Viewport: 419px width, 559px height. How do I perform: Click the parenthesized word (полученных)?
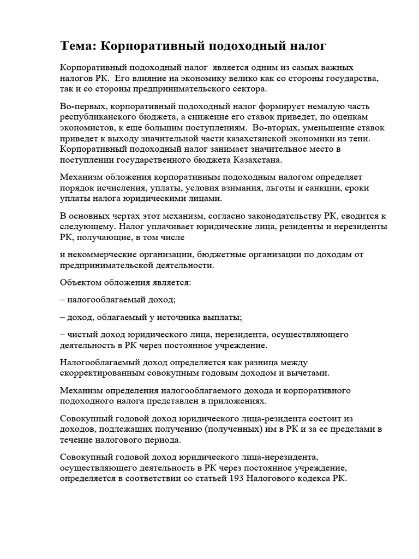pos(228,429)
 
